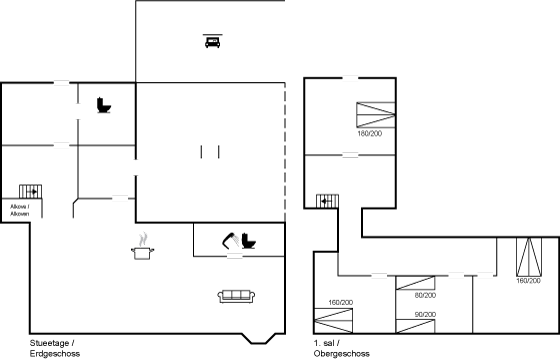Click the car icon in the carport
[212, 40]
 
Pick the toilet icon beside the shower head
[248, 241]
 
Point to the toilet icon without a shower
[103, 104]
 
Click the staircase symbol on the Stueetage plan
[29, 191]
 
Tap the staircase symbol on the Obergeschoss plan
[328, 201]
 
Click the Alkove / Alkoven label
[20, 210]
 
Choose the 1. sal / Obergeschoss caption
[340, 348]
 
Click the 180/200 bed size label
[369, 132]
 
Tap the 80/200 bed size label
[425, 295]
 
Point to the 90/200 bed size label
[425, 316]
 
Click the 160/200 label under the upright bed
[527, 281]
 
